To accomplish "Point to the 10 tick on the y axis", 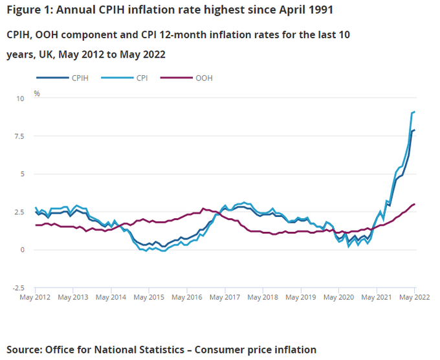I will point(20,98).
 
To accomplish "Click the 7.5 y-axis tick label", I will point(19,136).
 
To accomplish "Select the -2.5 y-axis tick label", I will point(17,287).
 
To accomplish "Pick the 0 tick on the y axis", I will point(22,250).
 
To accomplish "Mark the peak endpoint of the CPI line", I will point(415,112).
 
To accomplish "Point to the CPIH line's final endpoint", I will point(415,130).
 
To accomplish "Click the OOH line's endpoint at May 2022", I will point(415,204).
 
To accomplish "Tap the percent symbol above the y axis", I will point(37,94).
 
